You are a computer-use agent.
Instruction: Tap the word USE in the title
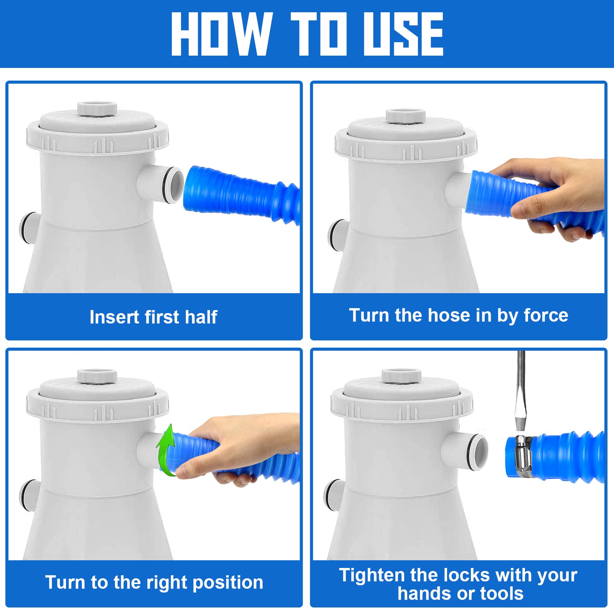(x=403, y=34)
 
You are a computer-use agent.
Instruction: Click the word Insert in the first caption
(x=114, y=317)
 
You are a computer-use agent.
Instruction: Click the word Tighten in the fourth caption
(x=371, y=575)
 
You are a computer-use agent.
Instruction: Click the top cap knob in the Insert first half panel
(x=97, y=108)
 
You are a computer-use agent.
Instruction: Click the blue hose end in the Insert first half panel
(x=200, y=189)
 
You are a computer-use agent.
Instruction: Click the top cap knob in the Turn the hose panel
(x=406, y=116)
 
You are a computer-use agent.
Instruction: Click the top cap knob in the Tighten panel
(x=402, y=376)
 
